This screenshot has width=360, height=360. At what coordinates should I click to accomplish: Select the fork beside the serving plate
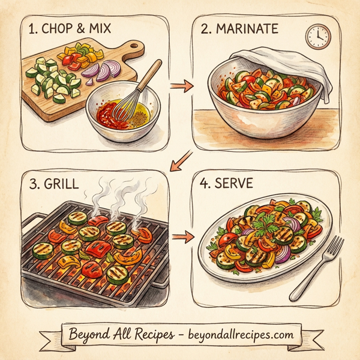pyautogui.click(x=318, y=267)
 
